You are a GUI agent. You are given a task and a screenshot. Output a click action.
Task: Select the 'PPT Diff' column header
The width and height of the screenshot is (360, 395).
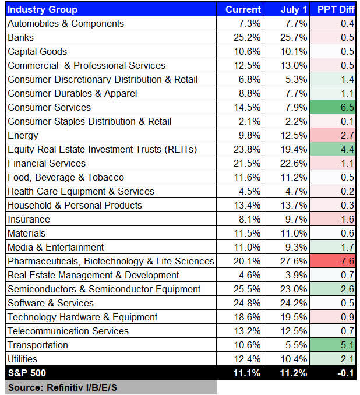click(334, 9)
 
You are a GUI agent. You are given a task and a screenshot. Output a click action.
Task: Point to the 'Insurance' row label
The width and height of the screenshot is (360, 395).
click(29, 219)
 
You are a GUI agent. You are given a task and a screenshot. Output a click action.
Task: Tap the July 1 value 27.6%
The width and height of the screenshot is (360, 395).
click(294, 261)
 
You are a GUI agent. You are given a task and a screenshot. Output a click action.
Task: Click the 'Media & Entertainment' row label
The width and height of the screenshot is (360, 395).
click(56, 247)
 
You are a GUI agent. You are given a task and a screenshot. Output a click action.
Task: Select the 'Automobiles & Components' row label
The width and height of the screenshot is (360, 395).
click(66, 23)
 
